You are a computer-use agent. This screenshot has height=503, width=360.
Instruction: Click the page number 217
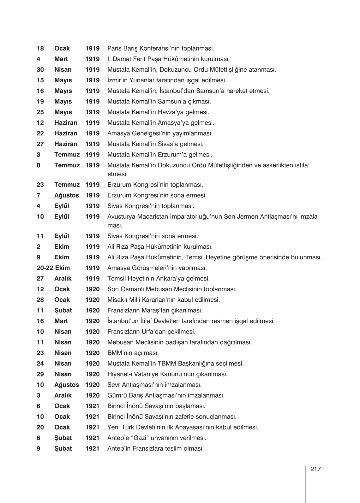315,469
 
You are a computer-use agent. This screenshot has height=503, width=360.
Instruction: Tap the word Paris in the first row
114,49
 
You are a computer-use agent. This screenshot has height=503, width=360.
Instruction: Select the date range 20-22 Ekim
53,268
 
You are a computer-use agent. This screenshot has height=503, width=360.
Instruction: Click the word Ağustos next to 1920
67,385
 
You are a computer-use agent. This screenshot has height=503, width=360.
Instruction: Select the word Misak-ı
117,300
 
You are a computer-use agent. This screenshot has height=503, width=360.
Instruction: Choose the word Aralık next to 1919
63,279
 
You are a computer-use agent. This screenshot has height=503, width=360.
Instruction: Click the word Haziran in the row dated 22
66,133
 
